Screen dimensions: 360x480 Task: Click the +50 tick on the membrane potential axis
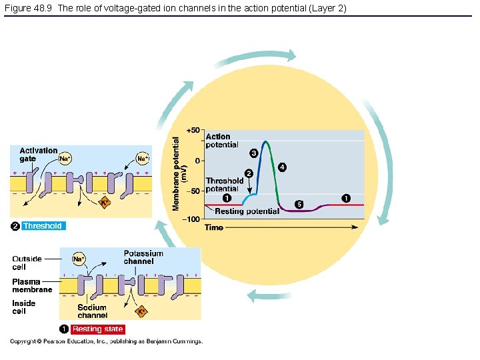click(193, 130)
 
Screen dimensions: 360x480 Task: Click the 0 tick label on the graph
click(197, 161)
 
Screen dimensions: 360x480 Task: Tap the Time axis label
click(214, 228)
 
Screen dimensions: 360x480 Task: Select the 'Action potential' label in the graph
click(222, 141)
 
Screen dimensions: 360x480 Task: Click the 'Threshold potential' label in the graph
click(225, 185)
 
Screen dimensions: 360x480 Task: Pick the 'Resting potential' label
click(247, 211)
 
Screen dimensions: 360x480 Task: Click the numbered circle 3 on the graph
click(253, 153)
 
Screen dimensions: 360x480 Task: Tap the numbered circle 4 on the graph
click(283, 167)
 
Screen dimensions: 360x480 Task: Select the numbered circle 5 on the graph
click(299, 204)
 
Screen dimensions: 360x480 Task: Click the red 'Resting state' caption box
click(97, 329)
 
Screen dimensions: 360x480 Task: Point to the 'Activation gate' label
click(39, 155)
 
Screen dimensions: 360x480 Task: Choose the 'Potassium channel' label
click(143, 257)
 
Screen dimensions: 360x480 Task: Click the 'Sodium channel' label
click(92, 311)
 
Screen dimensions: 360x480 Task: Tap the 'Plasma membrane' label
click(32, 286)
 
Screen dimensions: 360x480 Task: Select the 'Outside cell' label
click(27, 263)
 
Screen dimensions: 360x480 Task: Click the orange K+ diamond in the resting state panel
click(141, 311)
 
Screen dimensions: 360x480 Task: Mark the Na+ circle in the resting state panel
click(79, 259)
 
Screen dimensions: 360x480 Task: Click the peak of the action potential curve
click(265, 141)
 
